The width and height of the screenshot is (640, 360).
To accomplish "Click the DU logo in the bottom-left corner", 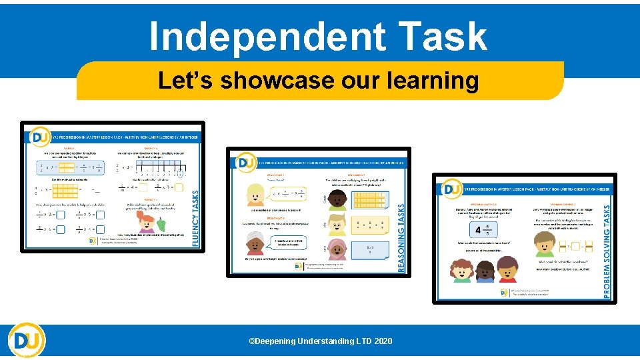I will tap(27, 341).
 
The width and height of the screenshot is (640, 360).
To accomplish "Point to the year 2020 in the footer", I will tap(383, 341).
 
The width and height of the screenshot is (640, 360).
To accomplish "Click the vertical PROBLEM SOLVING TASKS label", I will tap(607, 251).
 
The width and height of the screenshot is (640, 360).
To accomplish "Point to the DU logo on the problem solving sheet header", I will tap(452, 189).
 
